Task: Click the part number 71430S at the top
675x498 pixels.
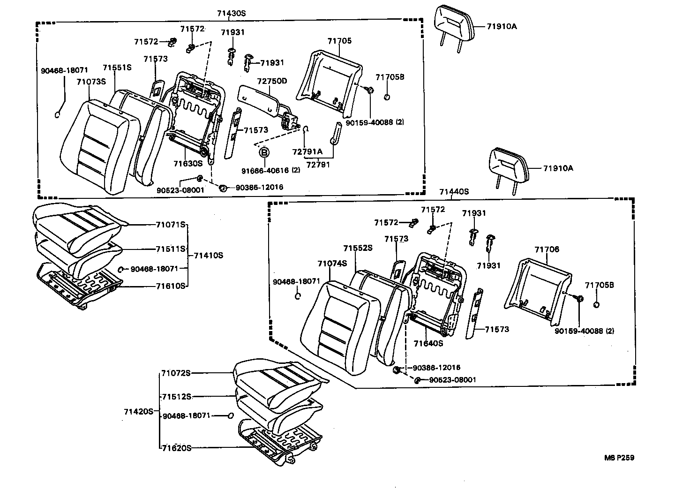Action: pyautogui.click(x=231, y=14)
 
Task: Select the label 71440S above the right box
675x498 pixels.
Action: pyautogui.click(x=454, y=191)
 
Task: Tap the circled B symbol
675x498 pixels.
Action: pyautogui.click(x=264, y=152)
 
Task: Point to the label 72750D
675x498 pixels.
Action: pyautogui.click(x=272, y=81)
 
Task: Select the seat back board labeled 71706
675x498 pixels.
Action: pyautogui.click(x=539, y=286)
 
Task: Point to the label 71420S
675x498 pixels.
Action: pyautogui.click(x=139, y=411)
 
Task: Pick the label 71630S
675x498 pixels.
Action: pyautogui.click(x=187, y=163)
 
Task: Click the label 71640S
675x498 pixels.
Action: pyautogui.click(x=428, y=343)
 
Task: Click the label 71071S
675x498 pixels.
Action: pyautogui.click(x=171, y=225)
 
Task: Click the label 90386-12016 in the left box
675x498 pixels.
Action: pyautogui.click(x=259, y=187)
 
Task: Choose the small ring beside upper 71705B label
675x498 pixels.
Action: pyautogui.click(x=387, y=97)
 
